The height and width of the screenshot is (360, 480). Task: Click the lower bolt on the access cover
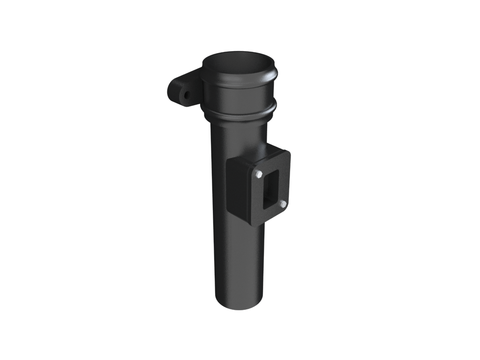click(x=283, y=204)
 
